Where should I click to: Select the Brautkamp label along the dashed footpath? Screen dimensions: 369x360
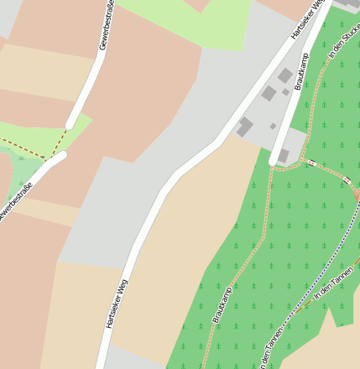pyautogui.click(x=222, y=305)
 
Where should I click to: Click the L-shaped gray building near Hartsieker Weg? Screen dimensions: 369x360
pyautogui.click(x=244, y=127)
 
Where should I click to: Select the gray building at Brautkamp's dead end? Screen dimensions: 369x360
pyautogui.click(x=284, y=155)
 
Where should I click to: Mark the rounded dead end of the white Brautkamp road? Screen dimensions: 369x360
pyautogui.click(x=274, y=159)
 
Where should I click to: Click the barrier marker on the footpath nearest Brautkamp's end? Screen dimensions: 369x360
pyautogui.click(x=310, y=163)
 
